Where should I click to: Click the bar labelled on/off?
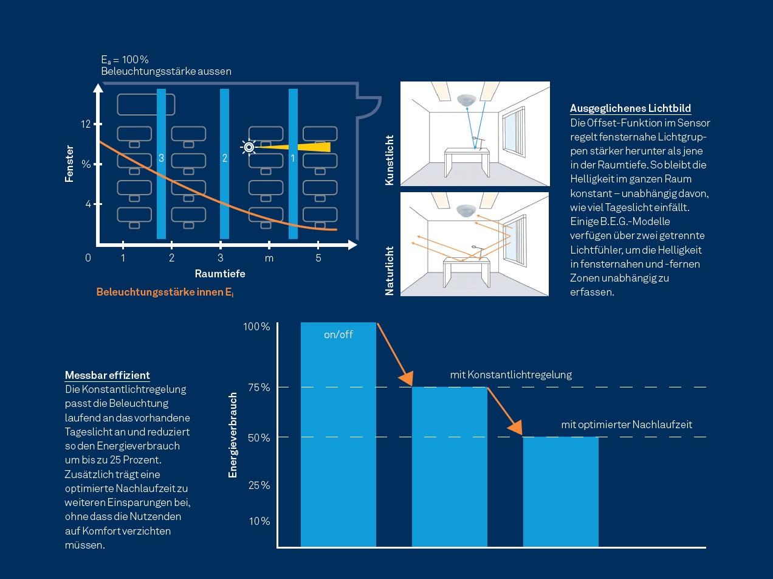tap(338, 435)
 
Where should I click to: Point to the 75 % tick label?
tap(257, 387)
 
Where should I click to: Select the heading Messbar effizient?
tap(108, 375)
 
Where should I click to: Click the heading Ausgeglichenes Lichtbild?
tap(630, 108)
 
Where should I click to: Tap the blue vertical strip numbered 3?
tap(161, 164)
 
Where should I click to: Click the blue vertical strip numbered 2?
tap(224, 164)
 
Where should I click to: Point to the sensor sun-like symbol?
tap(248, 147)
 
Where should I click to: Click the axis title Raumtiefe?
tap(220, 274)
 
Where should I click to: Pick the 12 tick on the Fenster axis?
tap(85, 124)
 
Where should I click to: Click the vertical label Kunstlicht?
tap(390, 160)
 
